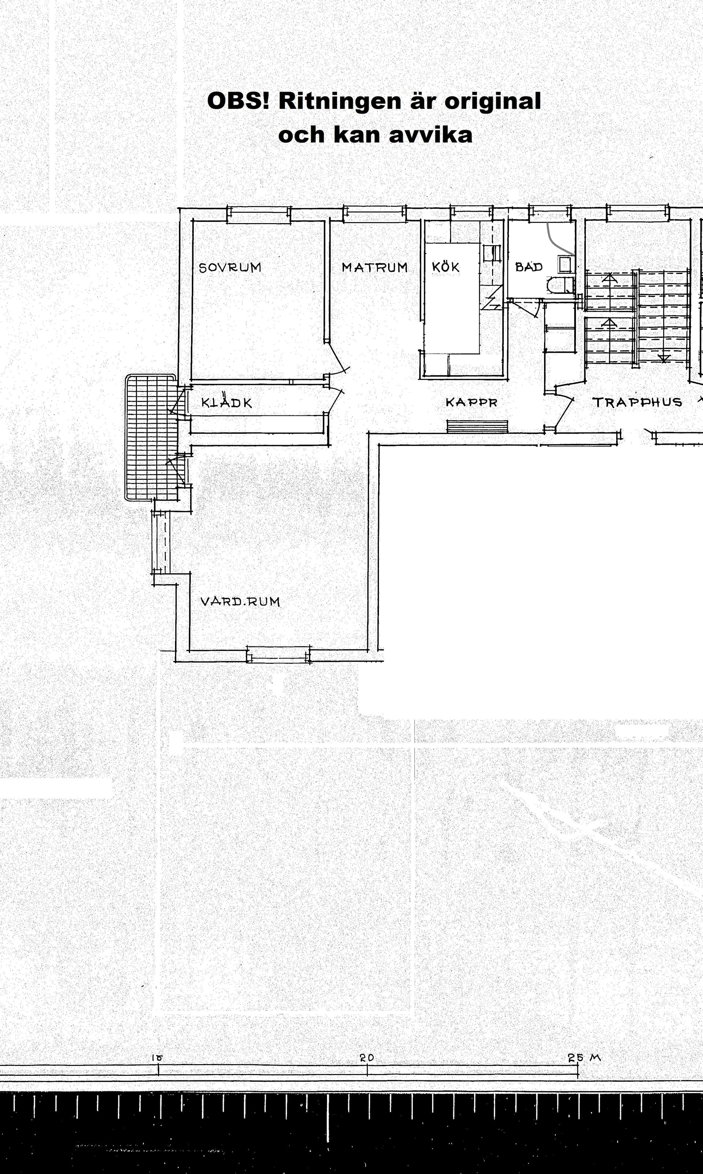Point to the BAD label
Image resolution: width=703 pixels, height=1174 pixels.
(529, 267)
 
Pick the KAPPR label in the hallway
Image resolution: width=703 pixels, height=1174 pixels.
(471, 402)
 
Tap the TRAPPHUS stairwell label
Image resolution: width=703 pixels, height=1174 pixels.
(637, 402)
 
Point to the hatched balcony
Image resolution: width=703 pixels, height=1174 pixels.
(150, 437)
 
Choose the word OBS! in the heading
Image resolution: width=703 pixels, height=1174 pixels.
(238, 101)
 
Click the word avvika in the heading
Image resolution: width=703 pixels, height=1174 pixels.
(431, 134)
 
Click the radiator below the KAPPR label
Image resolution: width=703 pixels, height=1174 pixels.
(477, 426)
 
